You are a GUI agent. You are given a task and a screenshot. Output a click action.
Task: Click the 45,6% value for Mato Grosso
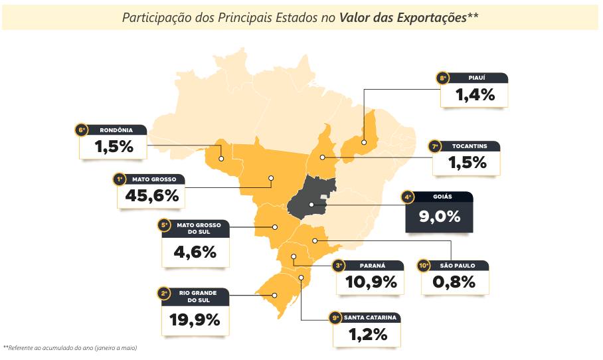click(x=152, y=196)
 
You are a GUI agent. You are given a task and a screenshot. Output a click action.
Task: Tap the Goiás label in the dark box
click(x=442, y=197)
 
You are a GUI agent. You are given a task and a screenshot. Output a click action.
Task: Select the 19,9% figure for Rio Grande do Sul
click(x=195, y=320)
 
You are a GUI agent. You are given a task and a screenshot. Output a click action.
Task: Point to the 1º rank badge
click(x=120, y=179)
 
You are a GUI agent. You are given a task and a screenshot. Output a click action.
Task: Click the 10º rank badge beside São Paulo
click(x=424, y=266)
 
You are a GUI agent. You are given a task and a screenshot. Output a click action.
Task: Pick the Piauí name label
click(x=476, y=78)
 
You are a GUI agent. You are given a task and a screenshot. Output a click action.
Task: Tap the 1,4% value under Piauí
click(x=475, y=95)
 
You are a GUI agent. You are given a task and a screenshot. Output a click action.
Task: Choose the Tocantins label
click(x=469, y=146)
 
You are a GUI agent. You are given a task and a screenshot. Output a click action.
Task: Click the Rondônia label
click(x=116, y=130)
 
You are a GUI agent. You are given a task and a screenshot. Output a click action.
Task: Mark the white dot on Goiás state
click(x=311, y=205)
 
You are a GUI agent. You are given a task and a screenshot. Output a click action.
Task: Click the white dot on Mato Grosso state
click(x=271, y=178)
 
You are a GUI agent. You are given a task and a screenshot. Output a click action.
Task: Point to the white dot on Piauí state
click(x=364, y=142)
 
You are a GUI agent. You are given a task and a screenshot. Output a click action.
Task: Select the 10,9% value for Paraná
click(x=371, y=282)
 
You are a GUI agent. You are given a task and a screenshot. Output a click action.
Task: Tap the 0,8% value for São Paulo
click(x=454, y=282)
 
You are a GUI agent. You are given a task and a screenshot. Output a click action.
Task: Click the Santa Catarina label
click(x=370, y=317)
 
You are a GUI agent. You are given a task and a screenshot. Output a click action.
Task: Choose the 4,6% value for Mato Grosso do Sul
click(x=195, y=252)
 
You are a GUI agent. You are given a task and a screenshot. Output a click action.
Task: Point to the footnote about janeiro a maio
click(x=70, y=348)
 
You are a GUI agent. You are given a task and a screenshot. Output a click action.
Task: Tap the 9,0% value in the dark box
click(x=440, y=217)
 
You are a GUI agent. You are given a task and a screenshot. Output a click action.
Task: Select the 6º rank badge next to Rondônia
click(x=81, y=130)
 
